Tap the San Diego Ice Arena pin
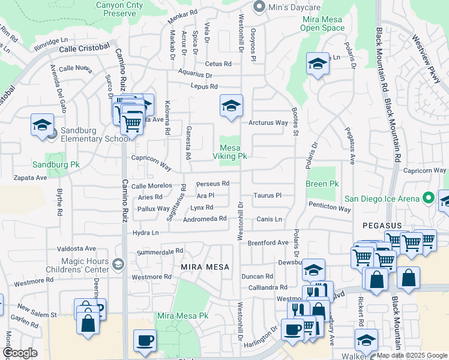point(428,197)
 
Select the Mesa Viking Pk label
point(230,152)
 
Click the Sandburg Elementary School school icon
point(41,125)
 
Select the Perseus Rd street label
point(213,184)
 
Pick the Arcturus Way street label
point(268,123)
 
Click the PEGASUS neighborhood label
point(382,225)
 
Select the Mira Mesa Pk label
point(182,316)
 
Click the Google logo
point(20,353)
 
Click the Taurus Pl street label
point(267,196)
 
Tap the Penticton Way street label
point(330,209)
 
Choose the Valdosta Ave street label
point(76,248)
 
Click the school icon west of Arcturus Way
point(231,106)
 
